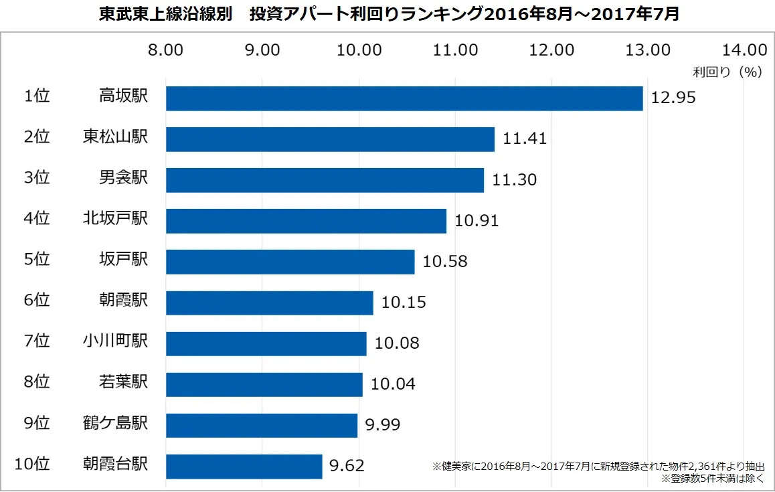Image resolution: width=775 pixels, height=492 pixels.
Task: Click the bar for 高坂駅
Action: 404,98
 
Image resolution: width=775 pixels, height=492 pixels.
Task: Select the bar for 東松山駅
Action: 330,139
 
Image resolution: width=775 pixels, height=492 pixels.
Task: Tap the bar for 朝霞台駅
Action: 244,467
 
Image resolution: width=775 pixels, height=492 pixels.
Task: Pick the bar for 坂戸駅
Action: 290,262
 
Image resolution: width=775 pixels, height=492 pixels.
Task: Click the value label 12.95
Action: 673,98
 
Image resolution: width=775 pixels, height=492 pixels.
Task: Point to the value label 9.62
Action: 347,466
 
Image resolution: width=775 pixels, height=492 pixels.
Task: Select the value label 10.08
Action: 397,343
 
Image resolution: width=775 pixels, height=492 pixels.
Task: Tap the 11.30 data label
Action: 514,179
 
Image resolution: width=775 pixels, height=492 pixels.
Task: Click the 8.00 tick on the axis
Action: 165,50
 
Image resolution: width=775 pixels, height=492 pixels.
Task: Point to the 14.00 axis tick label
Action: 745,50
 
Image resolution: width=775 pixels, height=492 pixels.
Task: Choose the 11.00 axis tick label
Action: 455,50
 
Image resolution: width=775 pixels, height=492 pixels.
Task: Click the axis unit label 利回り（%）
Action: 727,72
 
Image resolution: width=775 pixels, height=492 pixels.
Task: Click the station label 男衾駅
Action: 124,177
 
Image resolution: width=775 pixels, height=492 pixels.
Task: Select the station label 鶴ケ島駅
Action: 115,423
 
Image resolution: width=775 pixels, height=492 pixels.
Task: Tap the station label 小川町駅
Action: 115,341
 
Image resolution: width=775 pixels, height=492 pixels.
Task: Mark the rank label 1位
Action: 37,96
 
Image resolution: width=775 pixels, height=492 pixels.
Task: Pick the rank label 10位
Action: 32,464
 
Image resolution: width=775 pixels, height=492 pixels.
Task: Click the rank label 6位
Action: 37,300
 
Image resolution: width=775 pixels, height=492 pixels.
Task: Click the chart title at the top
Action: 389,14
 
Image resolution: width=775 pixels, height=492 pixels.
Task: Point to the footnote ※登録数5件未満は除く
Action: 713,479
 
